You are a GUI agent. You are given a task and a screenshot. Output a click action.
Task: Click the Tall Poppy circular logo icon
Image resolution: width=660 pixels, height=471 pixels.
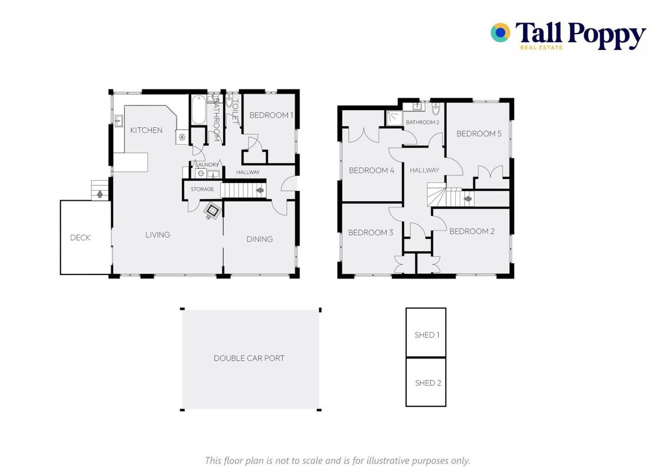500,32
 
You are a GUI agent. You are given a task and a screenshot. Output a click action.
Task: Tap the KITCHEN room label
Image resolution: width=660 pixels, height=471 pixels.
146,130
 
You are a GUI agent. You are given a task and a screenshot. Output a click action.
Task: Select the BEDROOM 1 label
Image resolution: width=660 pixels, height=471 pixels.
271,115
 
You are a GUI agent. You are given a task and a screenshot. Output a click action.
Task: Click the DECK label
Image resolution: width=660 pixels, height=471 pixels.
81,237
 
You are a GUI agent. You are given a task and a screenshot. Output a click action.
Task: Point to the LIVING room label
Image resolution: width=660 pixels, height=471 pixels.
158,235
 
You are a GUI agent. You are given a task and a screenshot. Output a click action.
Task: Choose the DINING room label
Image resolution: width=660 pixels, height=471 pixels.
259,239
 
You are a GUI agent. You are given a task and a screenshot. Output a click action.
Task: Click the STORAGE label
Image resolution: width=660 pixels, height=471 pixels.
202,189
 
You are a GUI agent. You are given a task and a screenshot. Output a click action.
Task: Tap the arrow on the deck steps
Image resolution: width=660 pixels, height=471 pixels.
100,194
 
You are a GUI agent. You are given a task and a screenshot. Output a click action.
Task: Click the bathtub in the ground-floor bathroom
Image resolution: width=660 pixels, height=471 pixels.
198,110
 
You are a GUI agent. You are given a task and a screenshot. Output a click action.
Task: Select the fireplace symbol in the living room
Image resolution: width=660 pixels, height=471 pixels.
212,210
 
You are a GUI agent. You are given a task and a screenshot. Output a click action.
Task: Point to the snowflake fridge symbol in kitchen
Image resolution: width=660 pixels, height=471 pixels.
182,137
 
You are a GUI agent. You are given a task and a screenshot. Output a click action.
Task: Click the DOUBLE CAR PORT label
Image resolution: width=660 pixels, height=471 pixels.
249,358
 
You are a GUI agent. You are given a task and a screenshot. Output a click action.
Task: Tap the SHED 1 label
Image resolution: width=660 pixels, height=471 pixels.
427,335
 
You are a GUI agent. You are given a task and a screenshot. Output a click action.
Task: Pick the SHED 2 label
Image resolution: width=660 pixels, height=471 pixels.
428,383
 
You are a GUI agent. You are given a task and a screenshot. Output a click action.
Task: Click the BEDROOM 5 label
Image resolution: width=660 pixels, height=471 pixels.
479,134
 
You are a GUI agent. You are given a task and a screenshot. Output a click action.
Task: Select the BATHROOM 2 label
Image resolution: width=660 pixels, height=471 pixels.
423,122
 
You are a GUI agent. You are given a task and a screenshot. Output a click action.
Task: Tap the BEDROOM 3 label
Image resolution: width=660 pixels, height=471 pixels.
371,233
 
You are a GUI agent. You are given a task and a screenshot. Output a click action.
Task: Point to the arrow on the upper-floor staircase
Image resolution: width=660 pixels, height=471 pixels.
467,198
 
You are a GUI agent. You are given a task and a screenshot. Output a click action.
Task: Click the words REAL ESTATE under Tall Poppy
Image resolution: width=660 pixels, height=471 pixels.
541,48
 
